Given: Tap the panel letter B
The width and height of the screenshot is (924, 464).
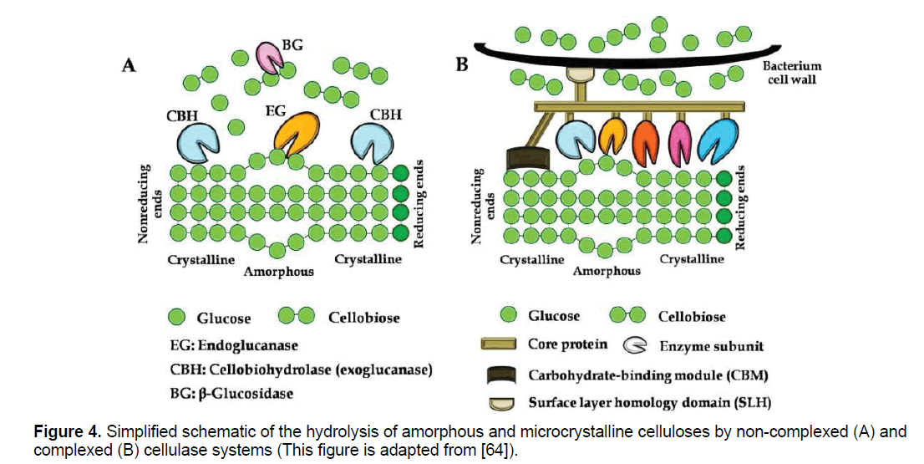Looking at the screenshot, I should (x=461, y=64).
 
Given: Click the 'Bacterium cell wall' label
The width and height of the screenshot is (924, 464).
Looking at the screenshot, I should (x=794, y=73).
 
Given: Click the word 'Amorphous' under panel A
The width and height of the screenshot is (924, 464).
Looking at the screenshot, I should (x=279, y=272).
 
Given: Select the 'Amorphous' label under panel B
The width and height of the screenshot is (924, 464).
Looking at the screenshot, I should (x=607, y=271).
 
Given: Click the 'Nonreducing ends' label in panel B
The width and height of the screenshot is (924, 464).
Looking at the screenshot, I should (x=477, y=206).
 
